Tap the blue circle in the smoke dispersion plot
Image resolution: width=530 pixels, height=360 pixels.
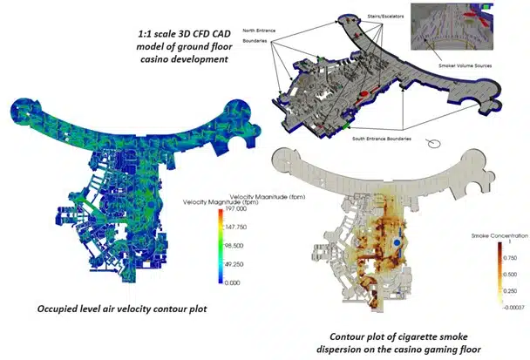[397, 238]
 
